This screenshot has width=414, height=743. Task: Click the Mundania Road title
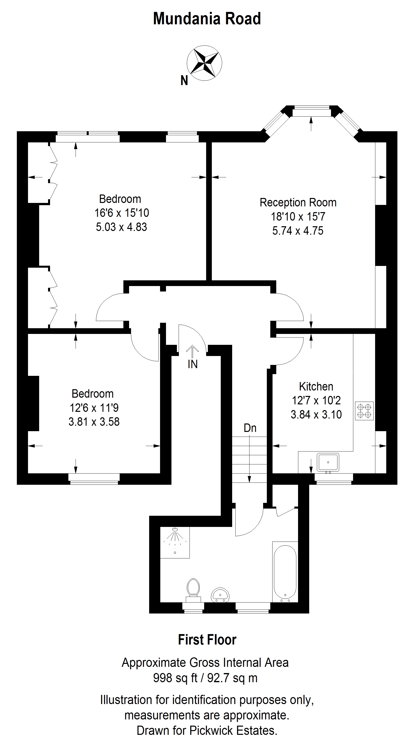pyautogui.click(x=207, y=19)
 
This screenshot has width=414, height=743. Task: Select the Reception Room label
pyautogui.click(x=298, y=202)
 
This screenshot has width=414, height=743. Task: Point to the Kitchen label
pyautogui.click(x=316, y=386)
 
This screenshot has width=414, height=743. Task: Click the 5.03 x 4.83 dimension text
pyautogui.click(x=121, y=227)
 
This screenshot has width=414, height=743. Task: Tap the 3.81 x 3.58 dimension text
pyautogui.click(x=94, y=422)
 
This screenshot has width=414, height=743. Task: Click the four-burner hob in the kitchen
pyautogui.click(x=364, y=411)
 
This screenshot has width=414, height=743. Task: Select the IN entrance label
pyautogui.click(x=193, y=364)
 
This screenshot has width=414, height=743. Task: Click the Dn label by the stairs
pyautogui.click(x=250, y=428)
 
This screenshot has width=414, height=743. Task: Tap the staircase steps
pyautogui.click(x=249, y=459)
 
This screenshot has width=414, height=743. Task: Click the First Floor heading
pyautogui.click(x=207, y=640)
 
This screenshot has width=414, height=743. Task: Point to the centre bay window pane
pyautogui.click(x=311, y=112)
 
